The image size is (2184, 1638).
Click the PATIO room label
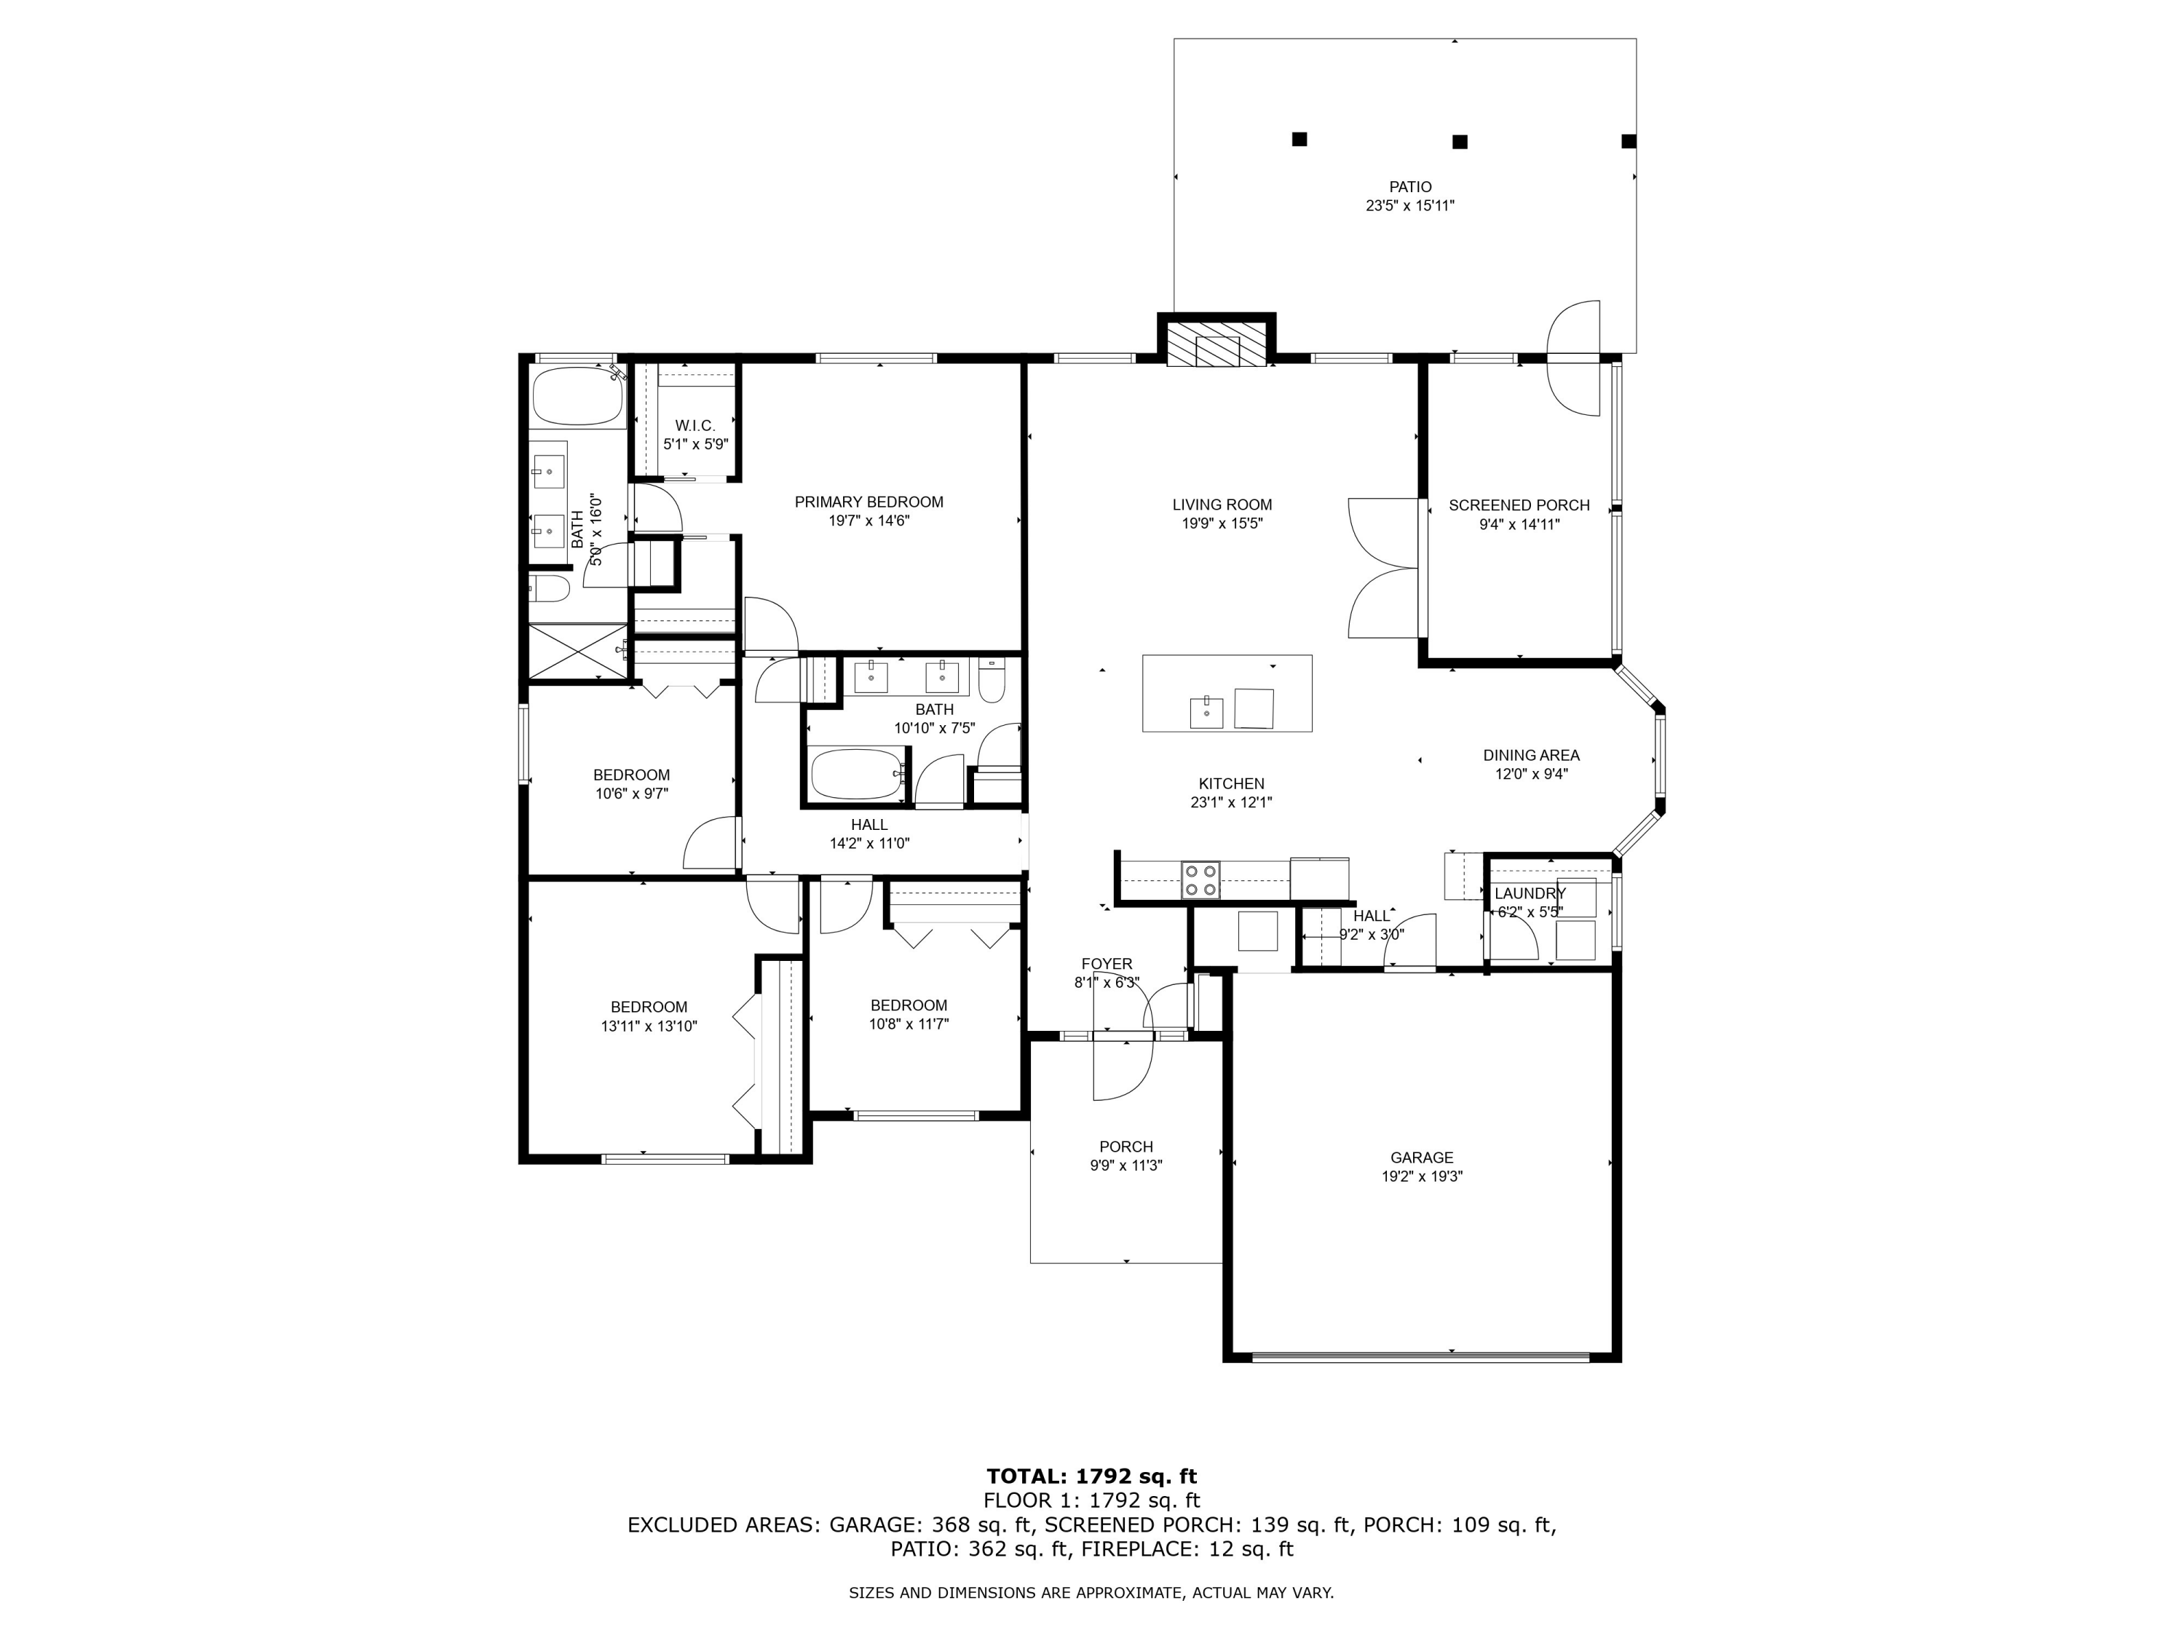coord(1410,186)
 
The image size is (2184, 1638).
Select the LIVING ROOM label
coord(1222,505)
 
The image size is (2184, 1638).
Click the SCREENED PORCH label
coord(1519,505)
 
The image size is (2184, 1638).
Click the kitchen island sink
coord(1206,711)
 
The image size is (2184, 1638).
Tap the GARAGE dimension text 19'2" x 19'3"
coord(1422,1176)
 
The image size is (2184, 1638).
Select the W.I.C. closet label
coord(695,426)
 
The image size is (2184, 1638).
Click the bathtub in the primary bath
coord(577,397)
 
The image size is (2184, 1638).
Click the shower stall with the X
coord(577,651)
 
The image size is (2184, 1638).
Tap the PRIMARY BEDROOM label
coord(869,502)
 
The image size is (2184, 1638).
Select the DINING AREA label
coord(1532,756)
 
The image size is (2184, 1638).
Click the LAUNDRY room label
coord(1530,893)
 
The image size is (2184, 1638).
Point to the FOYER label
coord(1107,964)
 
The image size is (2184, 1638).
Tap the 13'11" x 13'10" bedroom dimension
coord(649,1026)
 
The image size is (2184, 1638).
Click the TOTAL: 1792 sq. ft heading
coord(1092,1504)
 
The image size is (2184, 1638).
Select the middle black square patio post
coord(1460,141)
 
